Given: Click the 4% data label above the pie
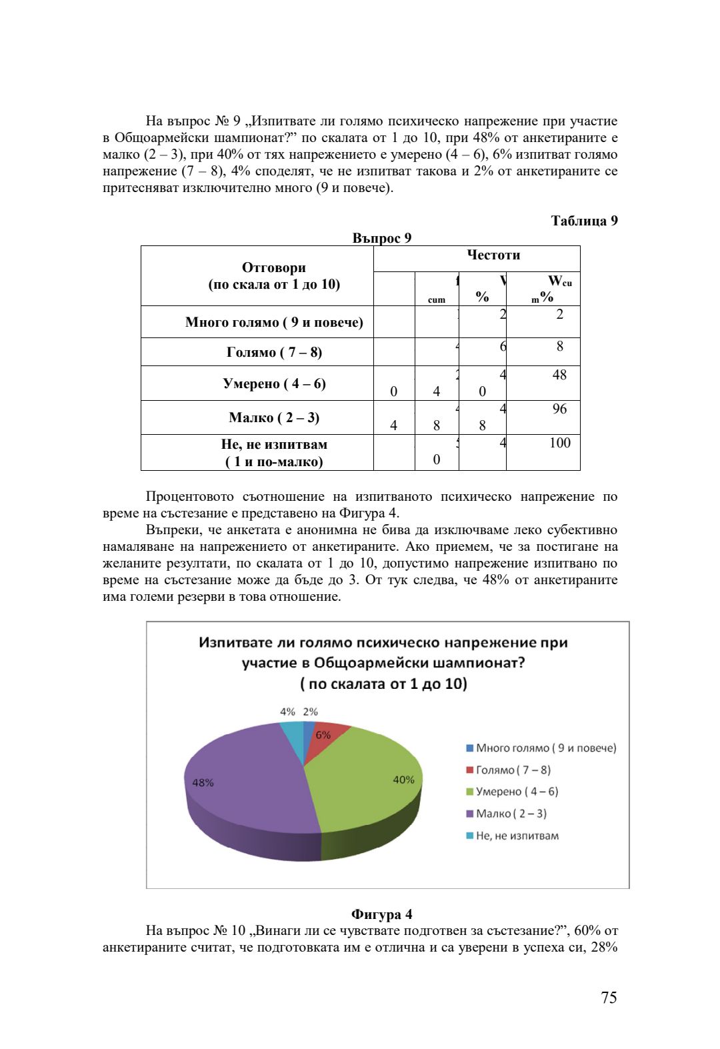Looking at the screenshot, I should tap(287, 712).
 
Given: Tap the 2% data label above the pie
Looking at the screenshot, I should tap(311, 712).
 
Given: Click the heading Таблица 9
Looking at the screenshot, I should tap(584, 221).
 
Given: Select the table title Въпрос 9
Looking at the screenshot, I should tap(381, 238).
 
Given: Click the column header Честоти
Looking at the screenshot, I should tap(493, 255).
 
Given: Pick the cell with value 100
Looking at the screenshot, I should tap(559, 443).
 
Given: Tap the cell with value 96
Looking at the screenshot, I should tap(559, 409).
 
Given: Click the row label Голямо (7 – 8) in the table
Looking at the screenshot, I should tap(274, 352).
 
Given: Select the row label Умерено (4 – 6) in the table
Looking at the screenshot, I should tap(274, 383).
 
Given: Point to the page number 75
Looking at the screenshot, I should tap(609, 997).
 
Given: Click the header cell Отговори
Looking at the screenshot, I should tap(274, 267).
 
